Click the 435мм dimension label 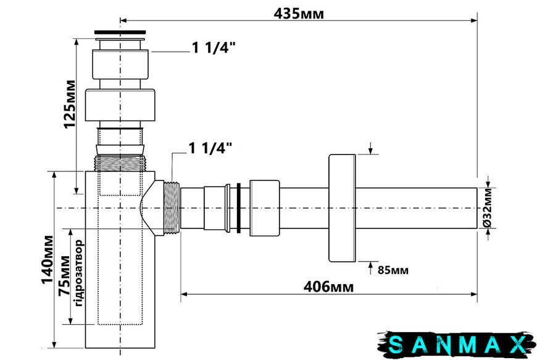(298, 14)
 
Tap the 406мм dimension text (328, 287)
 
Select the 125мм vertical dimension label (70, 104)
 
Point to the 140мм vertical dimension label (48, 260)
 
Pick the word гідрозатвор (78, 273)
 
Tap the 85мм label (393, 270)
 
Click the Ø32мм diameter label (488, 207)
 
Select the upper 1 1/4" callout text (214, 48)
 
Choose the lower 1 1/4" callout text (210, 148)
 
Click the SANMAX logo (457, 345)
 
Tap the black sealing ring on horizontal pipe (239, 208)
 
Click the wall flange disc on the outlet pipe (342, 208)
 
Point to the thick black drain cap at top (120, 33)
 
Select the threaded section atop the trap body (120, 162)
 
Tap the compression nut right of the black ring (264, 208)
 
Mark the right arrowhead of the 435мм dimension (474, 20)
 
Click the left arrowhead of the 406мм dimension (184, 294)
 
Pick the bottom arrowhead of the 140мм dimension (54, 345)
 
